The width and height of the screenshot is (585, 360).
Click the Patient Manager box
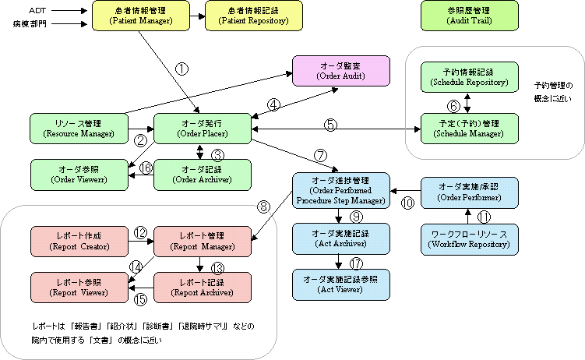[x=141, y=16]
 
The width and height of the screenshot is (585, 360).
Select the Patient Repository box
[x=253, y=16]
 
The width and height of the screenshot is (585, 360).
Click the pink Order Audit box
[x=340, y=72]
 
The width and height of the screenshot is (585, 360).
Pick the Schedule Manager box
[x=469, y=128]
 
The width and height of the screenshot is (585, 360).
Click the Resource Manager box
[x=79, y=128]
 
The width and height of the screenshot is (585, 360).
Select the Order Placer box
[x=202, y=128]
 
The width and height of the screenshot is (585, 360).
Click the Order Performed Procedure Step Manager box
[x=340, y=189]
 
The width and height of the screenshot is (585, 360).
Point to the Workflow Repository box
[x=469, y=239]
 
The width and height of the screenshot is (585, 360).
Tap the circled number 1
[x=181, y=69]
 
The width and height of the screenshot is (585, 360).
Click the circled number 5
[x=331, y=123]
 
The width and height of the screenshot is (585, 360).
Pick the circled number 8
[x=265, y=207]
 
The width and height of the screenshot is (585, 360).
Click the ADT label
[x=37, y=10]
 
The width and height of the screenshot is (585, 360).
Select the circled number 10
[x=407, y=203]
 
